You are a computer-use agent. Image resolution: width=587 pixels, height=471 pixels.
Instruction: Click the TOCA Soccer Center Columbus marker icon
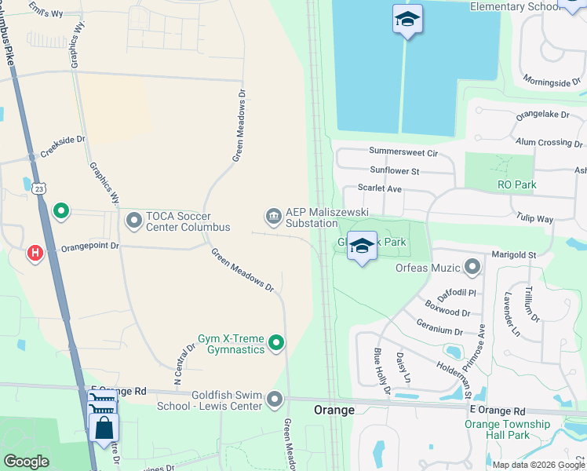click(133, 221)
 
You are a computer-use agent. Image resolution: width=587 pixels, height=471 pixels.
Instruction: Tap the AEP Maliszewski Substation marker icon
click(273, 215)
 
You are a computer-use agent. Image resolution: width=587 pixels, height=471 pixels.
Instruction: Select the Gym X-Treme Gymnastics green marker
click(275, 342)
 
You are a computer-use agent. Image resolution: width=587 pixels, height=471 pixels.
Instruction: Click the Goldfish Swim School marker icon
click(274, 400)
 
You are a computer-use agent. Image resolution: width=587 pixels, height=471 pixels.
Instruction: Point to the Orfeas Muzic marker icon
click(472, 268)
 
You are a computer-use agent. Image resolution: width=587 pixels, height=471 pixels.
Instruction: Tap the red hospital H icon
click(35, 253)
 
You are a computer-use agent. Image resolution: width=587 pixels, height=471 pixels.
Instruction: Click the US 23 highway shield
click(39, 187)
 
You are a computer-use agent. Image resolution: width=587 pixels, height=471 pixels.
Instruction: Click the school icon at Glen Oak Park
click(362, 246)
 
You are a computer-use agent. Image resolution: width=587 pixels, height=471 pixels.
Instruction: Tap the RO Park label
click(516, 185)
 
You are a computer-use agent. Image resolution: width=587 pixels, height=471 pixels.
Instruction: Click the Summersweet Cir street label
click(403, 152)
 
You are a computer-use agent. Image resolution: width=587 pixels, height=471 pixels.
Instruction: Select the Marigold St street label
click(513, 254)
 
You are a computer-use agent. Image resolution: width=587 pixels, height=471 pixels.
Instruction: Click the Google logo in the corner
click(27, 461)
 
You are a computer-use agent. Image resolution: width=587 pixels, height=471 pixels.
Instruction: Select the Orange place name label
click(335, 411)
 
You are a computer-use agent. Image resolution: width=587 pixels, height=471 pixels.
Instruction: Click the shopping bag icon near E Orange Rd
click(104, 429)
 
